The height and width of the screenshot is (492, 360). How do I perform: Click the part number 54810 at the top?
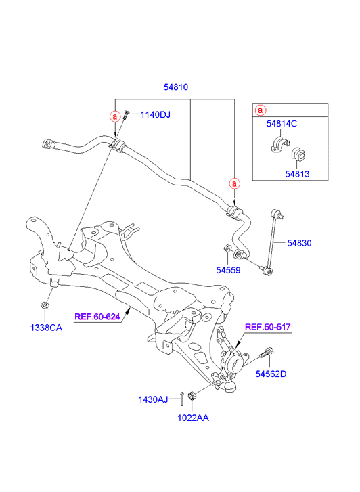point(176,87)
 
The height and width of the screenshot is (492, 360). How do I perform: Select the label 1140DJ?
point(155,115)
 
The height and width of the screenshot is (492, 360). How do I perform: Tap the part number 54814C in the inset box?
point(282,124)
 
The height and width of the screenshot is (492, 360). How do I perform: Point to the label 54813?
point(297,174)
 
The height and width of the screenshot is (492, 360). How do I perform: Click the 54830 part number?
point(299,243)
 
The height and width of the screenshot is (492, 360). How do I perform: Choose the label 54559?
point(228,270)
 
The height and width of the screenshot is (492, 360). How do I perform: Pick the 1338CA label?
point(46,328)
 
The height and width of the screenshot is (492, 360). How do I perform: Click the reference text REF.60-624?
point(97,317)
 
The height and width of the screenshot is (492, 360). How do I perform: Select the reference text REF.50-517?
point(267,327)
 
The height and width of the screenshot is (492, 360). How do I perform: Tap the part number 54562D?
point(271,374)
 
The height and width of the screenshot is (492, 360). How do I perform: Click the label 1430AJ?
point(153,400)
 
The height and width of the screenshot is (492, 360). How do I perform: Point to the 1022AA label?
point(193,418)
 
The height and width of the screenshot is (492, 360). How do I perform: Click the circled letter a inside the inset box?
point(261,110)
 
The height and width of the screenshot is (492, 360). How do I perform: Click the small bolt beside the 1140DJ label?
point(126,114)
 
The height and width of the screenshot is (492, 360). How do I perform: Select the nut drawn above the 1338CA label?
point(45,305)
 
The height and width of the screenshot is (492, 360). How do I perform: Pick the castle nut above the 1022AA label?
point(192,395)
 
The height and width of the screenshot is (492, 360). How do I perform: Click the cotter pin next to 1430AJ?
point(182,399)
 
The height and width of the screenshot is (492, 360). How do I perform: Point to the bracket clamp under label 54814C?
point(279,145)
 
